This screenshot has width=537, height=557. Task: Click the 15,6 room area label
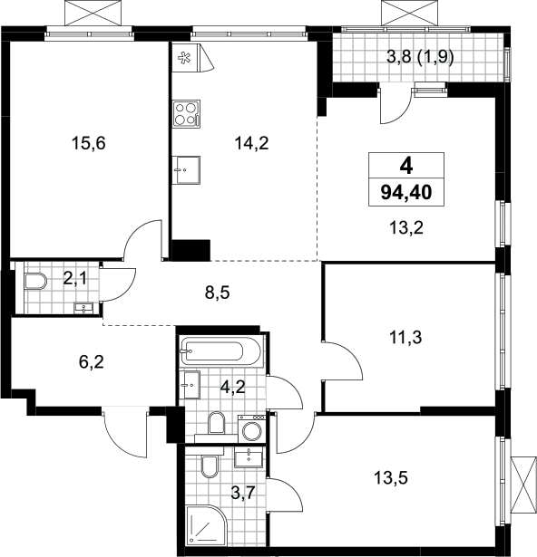point(89,144)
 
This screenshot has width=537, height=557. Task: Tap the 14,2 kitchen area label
point(251,143)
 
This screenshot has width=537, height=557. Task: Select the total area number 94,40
point(406,193)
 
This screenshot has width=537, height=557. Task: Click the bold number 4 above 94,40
point(406,166)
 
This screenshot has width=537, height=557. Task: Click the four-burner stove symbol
point(186,114)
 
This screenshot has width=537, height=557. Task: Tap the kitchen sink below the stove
point(186,170)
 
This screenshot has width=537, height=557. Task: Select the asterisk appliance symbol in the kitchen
point(184,58)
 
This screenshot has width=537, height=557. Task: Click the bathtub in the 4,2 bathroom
point(220,351)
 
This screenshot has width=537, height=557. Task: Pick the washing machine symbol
point(252,428)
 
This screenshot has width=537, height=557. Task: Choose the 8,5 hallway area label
point(217,293)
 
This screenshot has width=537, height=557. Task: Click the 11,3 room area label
point(406,337)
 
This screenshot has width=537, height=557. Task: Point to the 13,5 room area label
point(391,478)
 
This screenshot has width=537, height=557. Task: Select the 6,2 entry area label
point(91,362)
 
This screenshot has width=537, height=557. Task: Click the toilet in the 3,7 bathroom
point(210,466)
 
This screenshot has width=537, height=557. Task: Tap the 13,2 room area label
point(406,227)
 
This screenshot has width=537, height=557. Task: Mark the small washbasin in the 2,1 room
point(83,308)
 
